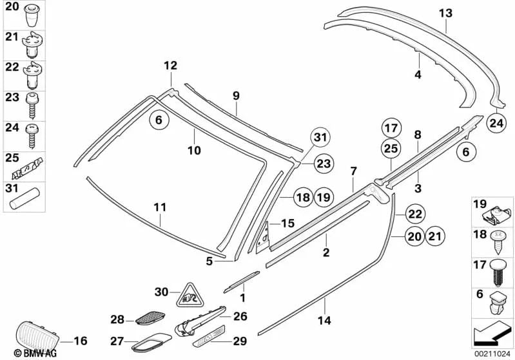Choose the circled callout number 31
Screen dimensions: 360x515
tap(320, 137)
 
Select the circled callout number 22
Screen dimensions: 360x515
tap(415, 214)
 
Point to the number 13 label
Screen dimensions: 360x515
tap(445, 13)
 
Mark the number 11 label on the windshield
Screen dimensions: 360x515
tap(160, 208)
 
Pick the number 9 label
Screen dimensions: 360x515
tap(236, 96)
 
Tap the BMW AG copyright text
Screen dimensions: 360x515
tap(23, 352)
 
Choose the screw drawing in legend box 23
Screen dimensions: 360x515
tap(31, 104)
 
